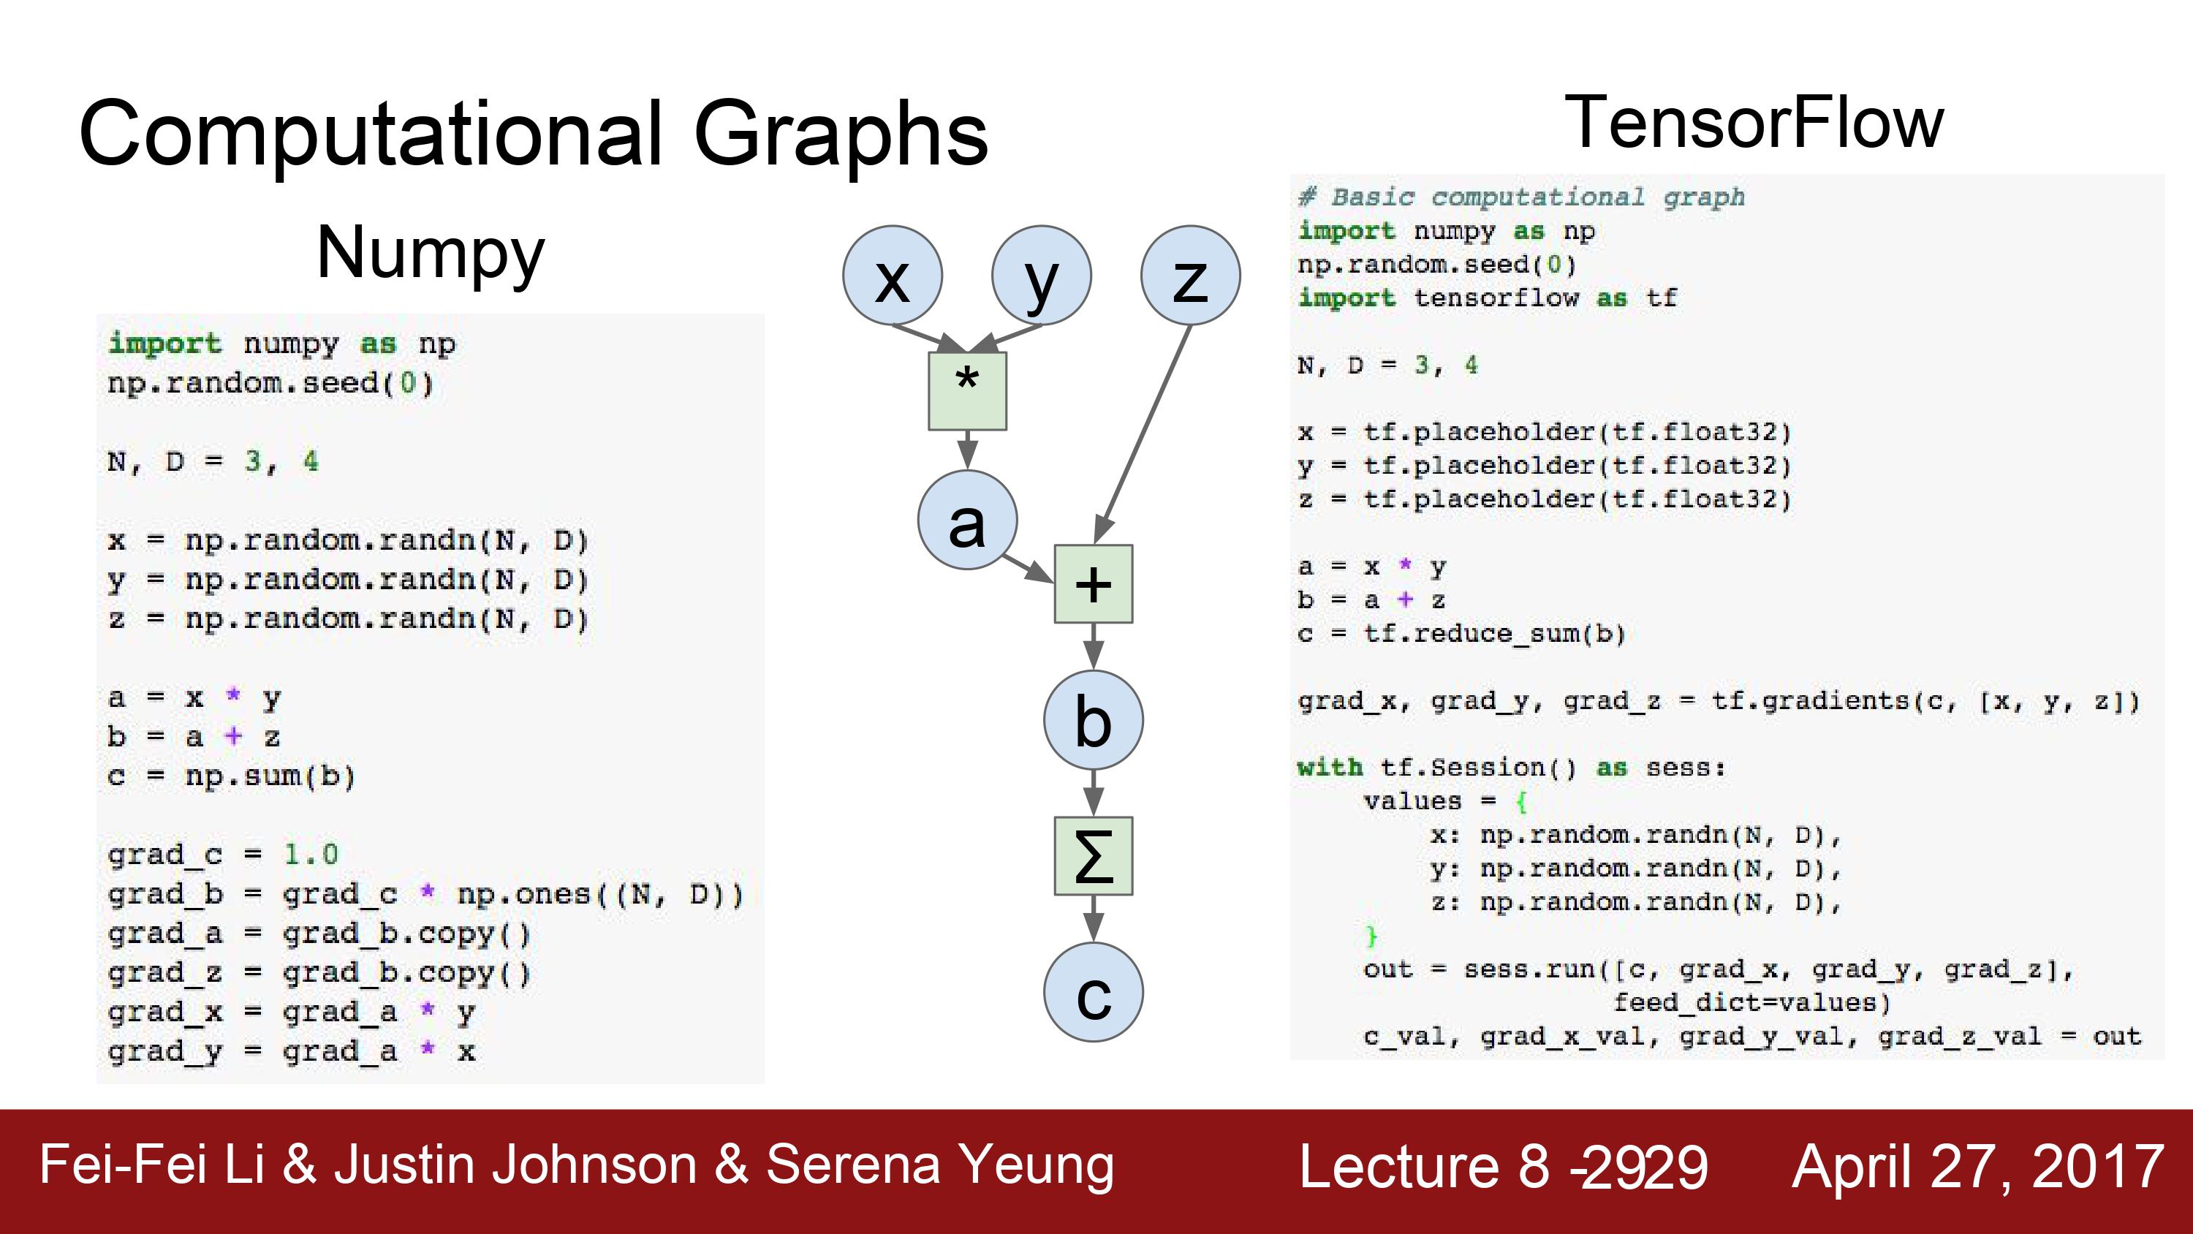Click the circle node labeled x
click(892, 275)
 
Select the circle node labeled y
click(1041, 275)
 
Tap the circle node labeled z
click(1190, 275)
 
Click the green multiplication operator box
click(967, 391)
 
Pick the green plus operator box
click(1094, 584)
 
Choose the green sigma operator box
click(1094, 856)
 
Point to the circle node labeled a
click(967, 520)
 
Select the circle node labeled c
click(1094, 991)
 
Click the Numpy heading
click(430, 253)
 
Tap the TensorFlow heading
click(1754, 124)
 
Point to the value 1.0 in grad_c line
click(311, 854)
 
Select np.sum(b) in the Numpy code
click(270, 776)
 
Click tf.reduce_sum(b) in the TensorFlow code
click(1495, 635)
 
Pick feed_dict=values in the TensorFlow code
click(1752, 1003)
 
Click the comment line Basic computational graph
click(1521, 197)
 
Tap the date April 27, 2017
click(1977, 1166)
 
